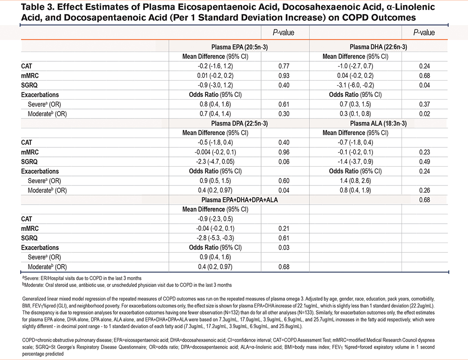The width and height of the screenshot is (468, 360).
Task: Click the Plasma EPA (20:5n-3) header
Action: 239,47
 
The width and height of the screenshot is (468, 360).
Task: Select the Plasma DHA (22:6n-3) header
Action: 378,47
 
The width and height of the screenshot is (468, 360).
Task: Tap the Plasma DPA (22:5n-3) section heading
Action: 239,123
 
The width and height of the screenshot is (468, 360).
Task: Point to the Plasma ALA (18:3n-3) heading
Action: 378,123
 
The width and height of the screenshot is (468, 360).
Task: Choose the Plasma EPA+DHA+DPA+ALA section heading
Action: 239,200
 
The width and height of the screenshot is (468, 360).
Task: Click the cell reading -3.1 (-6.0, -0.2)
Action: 355,85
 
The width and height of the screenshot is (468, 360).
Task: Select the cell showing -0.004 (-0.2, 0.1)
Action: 215,152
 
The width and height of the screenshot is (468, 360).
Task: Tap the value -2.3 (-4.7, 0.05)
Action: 215,162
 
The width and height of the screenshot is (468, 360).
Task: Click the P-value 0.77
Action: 284,66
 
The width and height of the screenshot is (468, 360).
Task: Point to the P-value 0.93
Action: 284,75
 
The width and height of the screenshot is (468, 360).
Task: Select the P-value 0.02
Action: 424,114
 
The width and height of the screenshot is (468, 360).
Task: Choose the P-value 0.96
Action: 284,152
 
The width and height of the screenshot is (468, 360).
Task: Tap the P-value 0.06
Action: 284,162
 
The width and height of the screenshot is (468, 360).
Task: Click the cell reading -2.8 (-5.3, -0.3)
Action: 215,238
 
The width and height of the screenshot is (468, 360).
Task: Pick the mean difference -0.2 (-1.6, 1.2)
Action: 215,66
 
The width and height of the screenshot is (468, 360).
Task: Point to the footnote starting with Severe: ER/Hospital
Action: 82,278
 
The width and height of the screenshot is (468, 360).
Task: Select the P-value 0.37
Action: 424,104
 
